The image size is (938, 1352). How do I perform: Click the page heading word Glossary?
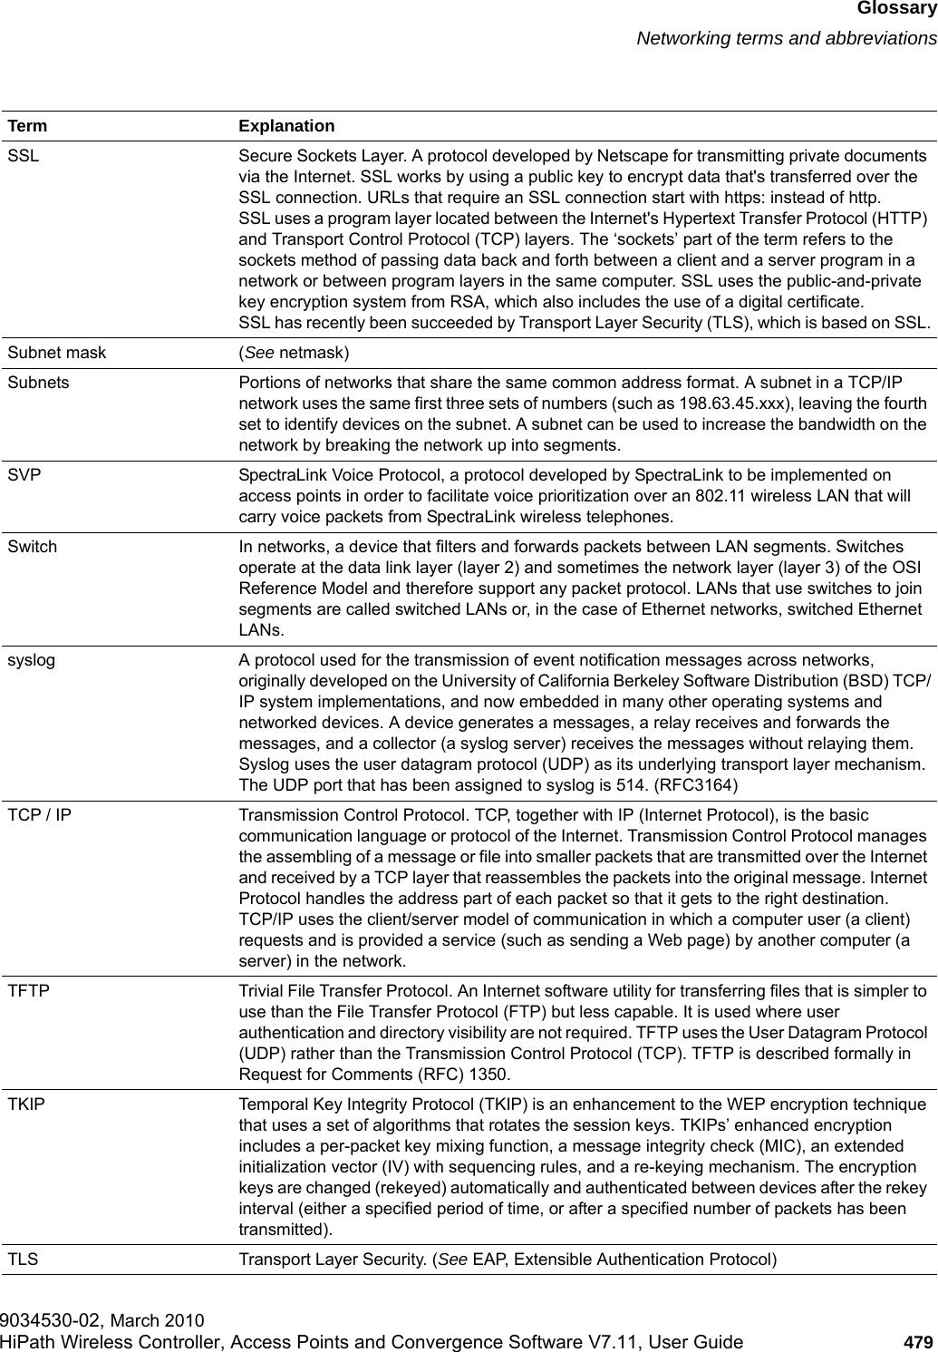point(896,10)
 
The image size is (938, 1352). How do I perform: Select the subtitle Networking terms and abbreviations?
point(786,38)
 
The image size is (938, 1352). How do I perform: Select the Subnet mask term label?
point(56,352)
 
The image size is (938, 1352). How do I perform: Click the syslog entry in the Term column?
point(31,661)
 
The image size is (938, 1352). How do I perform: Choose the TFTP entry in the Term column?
point(29,992)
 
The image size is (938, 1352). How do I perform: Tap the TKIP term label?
point(26,1105)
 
